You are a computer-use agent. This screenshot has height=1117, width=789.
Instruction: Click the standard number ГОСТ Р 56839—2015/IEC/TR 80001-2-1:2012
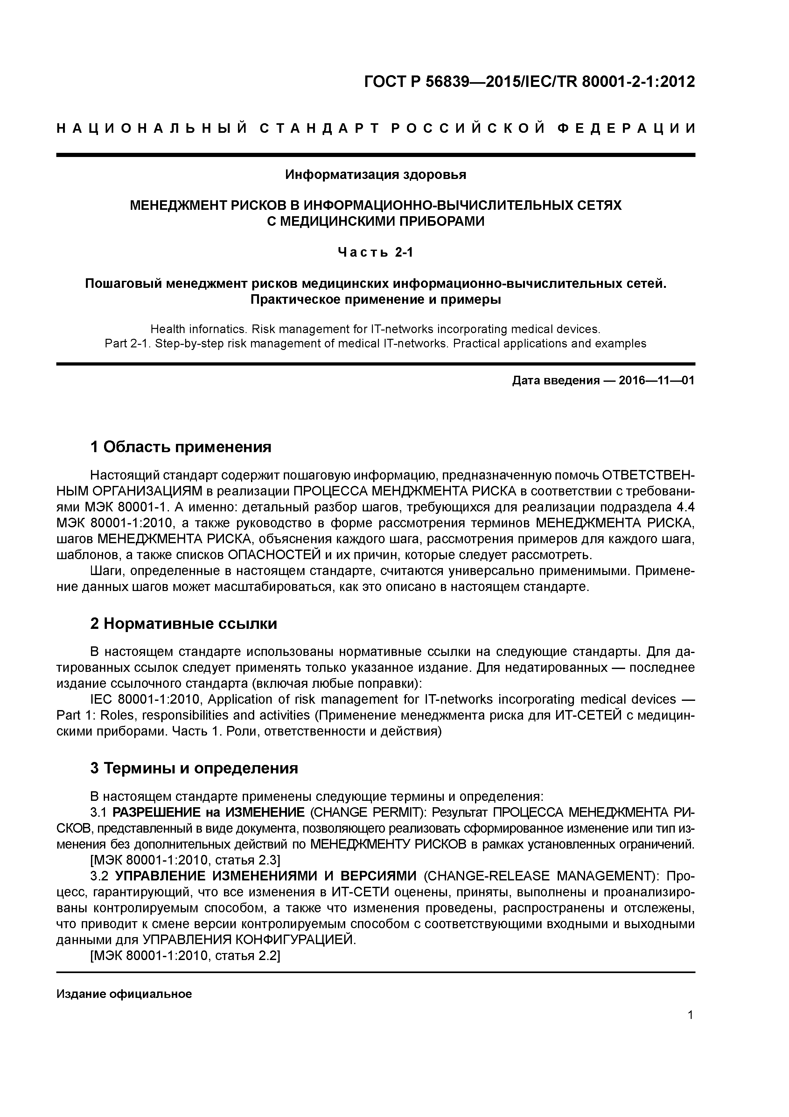click(x=529, y=82)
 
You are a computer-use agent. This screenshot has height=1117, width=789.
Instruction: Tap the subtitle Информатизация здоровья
click(x=375, y=175)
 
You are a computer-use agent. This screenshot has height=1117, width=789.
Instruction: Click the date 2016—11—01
click(x=656, y=381)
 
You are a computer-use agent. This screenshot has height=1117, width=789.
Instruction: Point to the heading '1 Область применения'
click(x=181, y=447)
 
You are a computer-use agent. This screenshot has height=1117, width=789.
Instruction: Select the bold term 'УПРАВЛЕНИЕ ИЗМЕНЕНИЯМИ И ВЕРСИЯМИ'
click(x=266, y=876)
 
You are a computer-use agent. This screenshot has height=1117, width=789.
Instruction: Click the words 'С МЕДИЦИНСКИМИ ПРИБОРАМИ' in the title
click(x=376, y=221)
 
